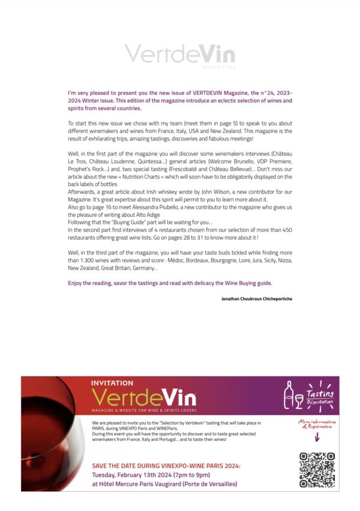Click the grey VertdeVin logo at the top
pyautogui.click(x=179, y=54)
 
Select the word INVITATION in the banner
pyautogui.click(x=112, y=382)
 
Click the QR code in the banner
pyautogui.click(x=316, y=470)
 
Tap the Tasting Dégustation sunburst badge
pyautogui.click(x=320, y=395)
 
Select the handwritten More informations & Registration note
pyautogui.click(x=316, y=426)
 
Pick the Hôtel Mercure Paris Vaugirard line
pyautogui.click(x=164, y=483)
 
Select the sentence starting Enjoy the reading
pyautogui.click(x=170, y=282)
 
